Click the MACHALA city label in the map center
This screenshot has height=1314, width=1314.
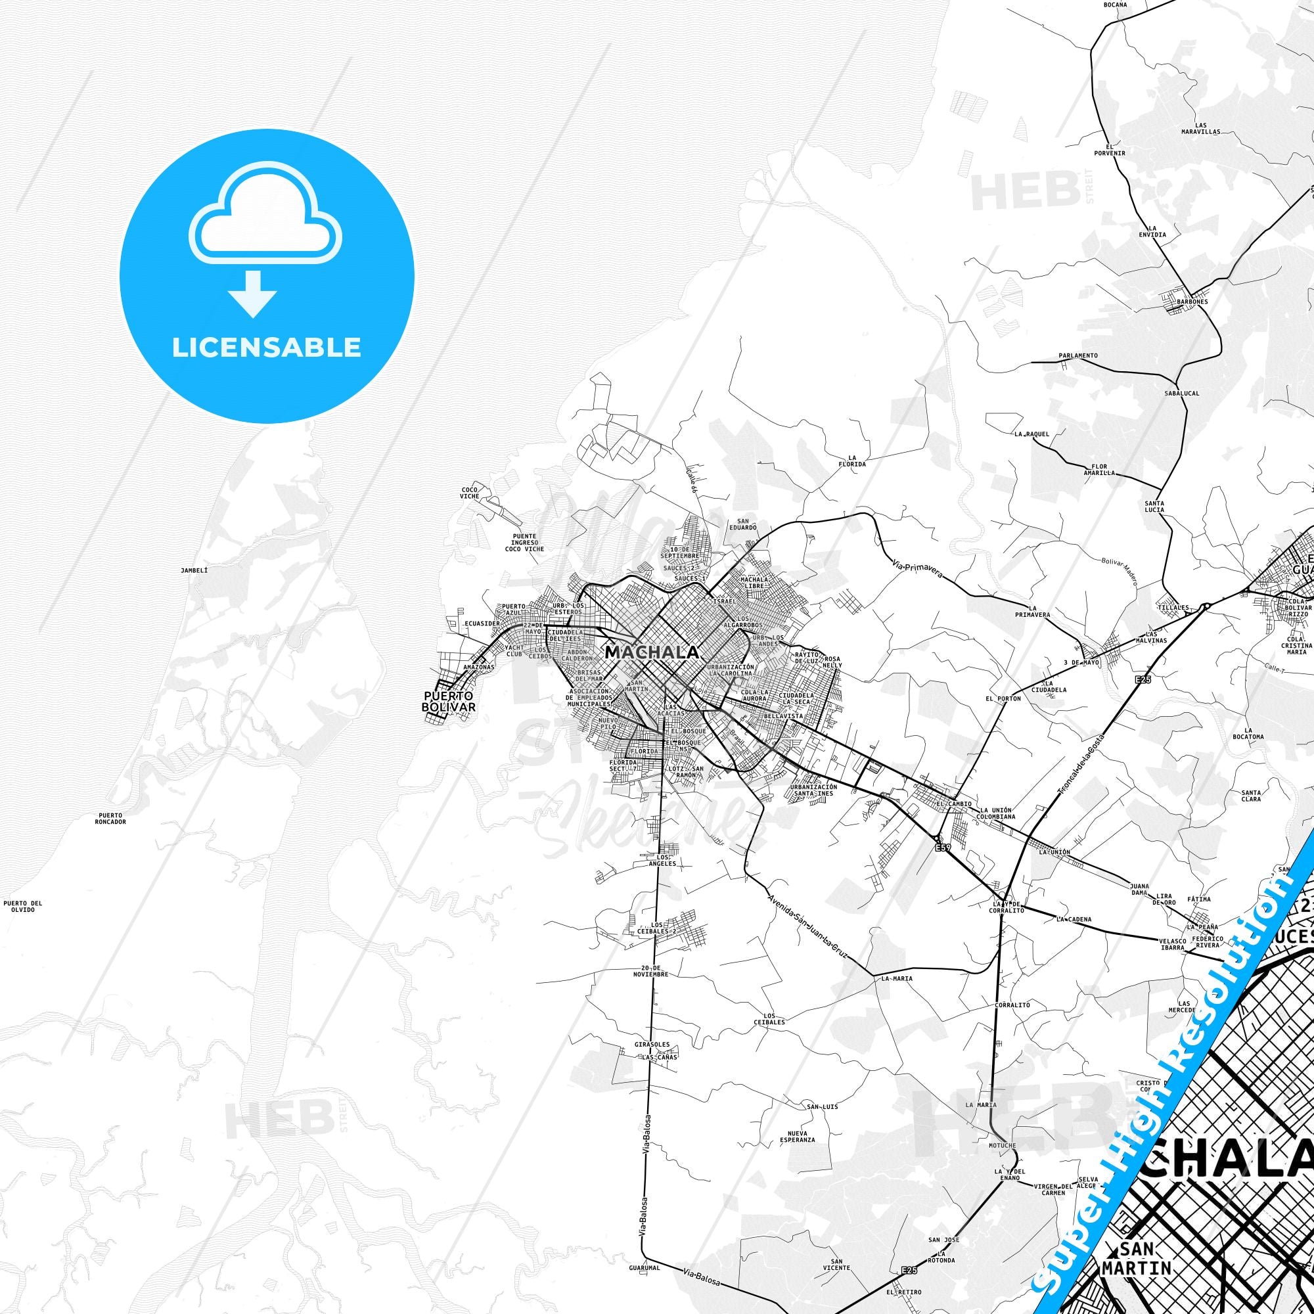tap(652, 652)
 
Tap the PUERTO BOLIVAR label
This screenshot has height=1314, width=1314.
tap(449, 701)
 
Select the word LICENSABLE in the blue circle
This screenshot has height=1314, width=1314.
tap(267, 347)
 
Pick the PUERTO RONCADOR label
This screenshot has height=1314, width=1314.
tap(110, 817)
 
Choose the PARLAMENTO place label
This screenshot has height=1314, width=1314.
tap(1078, 355)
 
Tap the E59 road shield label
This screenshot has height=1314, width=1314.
tap(942, 848)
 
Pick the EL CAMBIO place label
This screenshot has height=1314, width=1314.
tap(949, 804)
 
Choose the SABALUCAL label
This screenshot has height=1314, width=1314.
tap(1182, 393)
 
